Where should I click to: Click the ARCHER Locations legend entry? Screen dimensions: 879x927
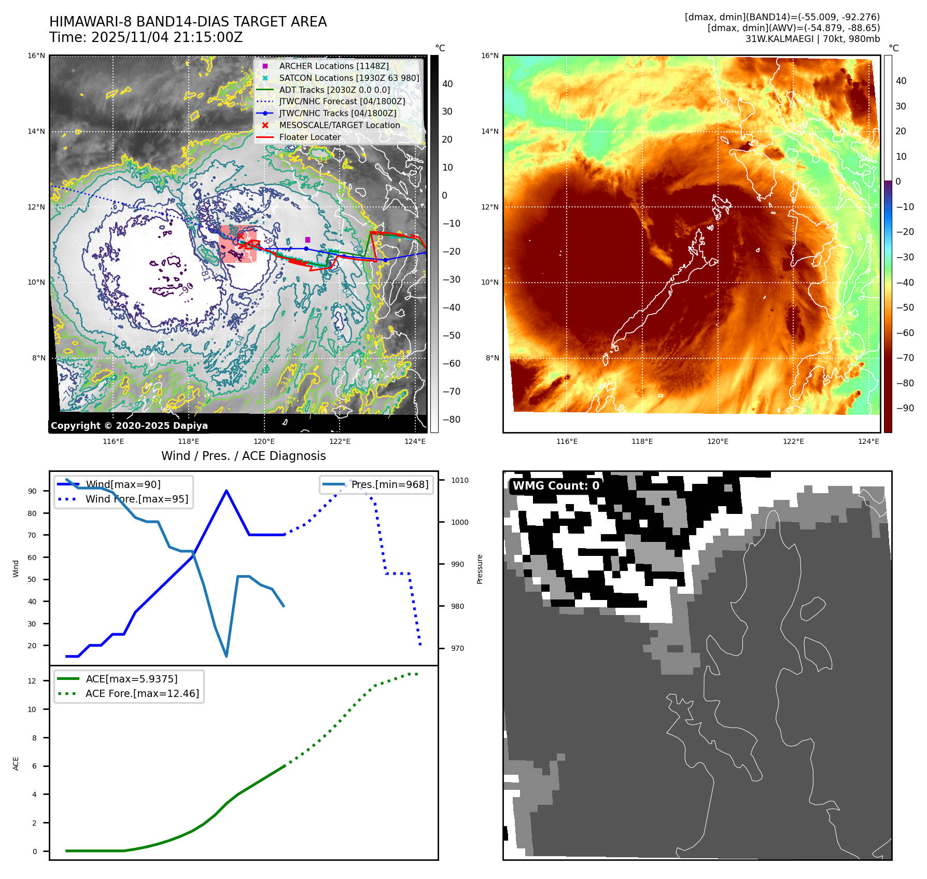[x=333, y=66]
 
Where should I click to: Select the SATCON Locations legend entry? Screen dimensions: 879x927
[x=348, y=78]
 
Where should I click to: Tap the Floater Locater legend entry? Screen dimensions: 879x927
[x=310, y=137]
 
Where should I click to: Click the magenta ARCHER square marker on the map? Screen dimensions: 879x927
[x=307, y=240]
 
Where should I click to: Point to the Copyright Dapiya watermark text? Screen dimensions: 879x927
[x=129, y=426]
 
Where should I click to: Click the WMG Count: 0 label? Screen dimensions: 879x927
[x=556, y=486]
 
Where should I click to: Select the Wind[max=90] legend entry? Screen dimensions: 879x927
[x=123, y=484]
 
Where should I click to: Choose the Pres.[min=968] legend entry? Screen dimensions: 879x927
[x=389, y=484]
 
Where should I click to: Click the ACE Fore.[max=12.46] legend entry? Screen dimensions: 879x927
[x=142, y=693]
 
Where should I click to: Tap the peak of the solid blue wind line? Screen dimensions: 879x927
[x=227, y=491]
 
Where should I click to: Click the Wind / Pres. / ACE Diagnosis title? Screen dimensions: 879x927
[x=243, y=456]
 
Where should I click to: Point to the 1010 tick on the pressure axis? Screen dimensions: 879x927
[x=459, y=480]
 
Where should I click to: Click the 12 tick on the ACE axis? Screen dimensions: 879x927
[x=32, y=681]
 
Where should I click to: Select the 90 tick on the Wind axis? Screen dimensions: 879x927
[x=32, y=491]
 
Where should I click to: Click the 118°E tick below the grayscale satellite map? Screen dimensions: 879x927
[x=188, y=441]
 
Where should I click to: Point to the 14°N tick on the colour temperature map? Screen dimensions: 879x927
[x=489, y=131]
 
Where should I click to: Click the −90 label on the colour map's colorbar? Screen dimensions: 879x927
[x=905, y=408]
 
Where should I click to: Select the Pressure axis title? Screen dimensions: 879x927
[x=480, y=569]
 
